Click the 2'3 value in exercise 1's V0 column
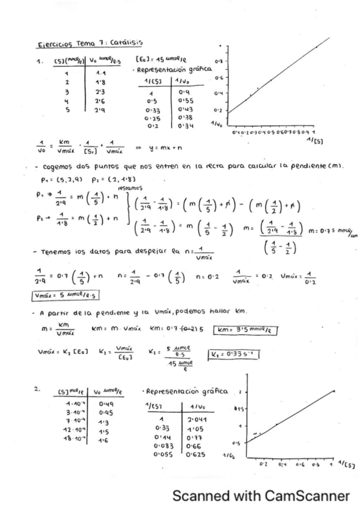click(102, 91)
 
